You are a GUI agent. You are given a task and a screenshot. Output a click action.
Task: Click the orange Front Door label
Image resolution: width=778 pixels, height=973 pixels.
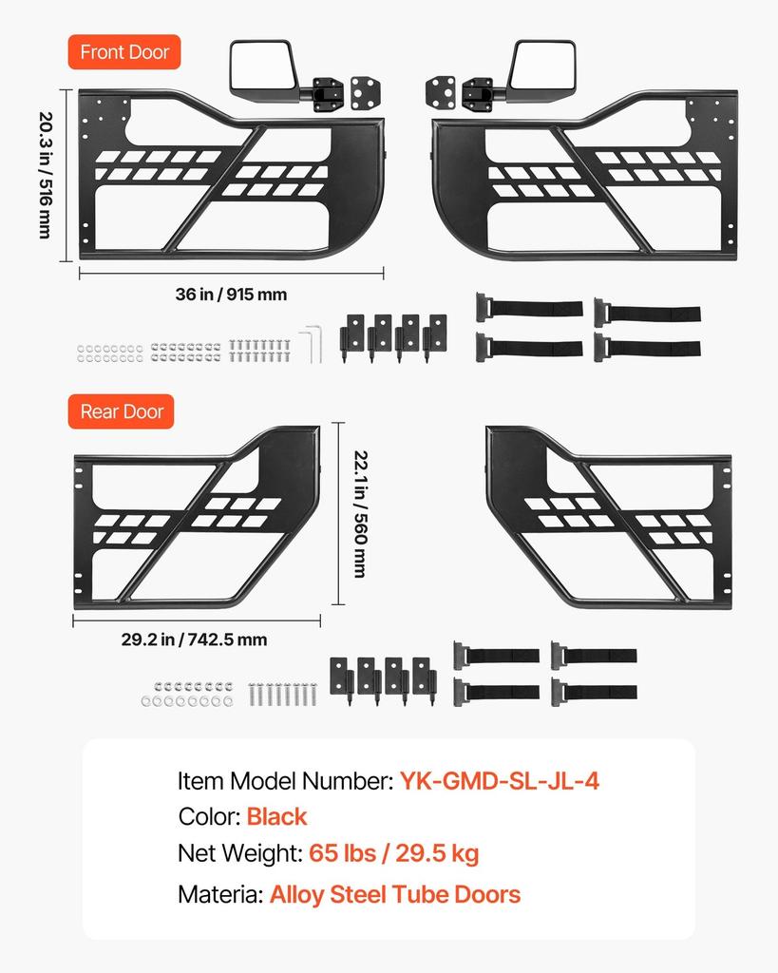[124, 52]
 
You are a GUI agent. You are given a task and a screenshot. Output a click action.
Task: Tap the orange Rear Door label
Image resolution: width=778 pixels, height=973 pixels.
[121, 411]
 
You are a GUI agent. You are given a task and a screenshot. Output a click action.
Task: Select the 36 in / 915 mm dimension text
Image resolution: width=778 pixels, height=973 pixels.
[231, 295]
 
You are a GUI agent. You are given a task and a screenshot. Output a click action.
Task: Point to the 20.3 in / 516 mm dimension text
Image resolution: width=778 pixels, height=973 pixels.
[46, 175]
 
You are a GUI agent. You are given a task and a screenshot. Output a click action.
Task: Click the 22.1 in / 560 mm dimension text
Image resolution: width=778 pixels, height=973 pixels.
[360, 514]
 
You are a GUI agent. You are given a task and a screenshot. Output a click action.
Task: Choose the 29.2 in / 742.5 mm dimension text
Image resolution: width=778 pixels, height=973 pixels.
[194, 639]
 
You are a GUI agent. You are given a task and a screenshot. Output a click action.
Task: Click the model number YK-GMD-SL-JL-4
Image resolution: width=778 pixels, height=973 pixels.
[500, 781]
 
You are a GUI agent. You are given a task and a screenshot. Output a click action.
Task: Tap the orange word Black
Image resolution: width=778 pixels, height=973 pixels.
[276, 816]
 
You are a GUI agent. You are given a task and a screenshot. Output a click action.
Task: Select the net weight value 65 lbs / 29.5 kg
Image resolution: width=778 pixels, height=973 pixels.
[394, 854]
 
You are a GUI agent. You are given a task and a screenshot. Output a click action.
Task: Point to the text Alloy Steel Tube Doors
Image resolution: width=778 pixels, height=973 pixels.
[395, 894]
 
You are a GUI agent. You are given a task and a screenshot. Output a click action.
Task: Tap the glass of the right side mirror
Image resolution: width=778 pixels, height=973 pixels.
[542, 66]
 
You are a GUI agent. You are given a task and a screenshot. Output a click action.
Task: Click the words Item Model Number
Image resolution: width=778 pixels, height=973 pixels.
[285, 781]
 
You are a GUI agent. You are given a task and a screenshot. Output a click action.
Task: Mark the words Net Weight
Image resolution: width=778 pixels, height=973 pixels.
[240, 854]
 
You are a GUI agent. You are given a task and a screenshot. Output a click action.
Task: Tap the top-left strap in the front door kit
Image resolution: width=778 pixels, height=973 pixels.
[529, 308]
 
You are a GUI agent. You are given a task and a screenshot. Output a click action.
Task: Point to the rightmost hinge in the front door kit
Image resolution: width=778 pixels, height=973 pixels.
[435, 336]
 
